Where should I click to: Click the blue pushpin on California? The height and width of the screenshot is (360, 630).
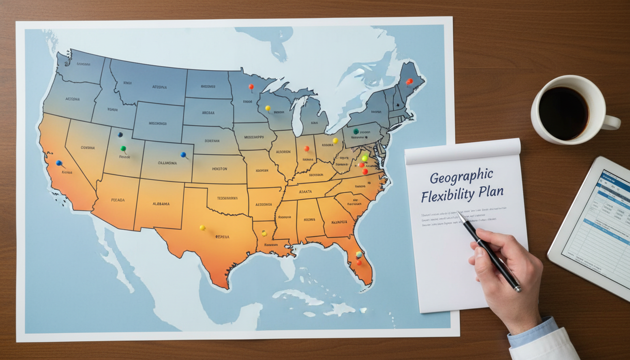tap(59, 163)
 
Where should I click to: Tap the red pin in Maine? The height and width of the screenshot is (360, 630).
tap(409, 82)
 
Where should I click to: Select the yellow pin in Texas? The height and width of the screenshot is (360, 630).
tap(202, 228)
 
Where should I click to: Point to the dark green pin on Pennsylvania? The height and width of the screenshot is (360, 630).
tap(356, 131)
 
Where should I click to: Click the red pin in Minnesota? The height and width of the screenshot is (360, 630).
tap(251, 87)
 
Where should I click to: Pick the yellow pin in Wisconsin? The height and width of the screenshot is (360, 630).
tap(268, 108)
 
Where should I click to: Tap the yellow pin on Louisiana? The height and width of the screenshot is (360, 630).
tap(264, 233)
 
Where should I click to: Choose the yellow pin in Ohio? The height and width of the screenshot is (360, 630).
tap(335, 140)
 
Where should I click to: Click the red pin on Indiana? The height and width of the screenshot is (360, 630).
tap(306, 149)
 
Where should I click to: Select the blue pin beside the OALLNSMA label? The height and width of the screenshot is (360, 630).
tap(183, 154)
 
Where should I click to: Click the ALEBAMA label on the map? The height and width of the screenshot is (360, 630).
tap(161, 204)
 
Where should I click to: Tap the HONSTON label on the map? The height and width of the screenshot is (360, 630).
tap(219, 169)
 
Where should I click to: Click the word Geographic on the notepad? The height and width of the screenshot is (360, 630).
tap(461, 178)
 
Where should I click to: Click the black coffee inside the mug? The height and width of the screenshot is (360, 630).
tap(563, 113)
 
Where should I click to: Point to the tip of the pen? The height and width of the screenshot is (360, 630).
tap(458, 213)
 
